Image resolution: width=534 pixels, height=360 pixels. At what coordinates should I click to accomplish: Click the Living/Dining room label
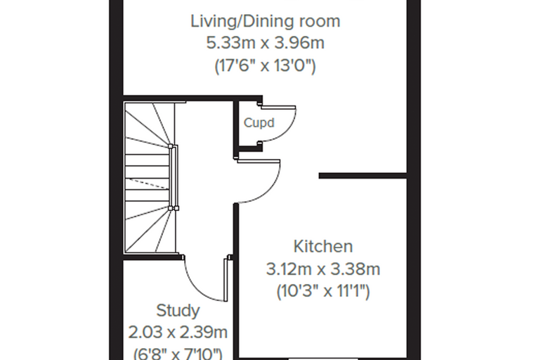coord(265,22)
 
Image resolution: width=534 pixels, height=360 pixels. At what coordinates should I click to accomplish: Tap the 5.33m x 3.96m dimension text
coord(265,44)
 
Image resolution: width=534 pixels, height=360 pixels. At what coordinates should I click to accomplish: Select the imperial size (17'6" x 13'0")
coord(265,65)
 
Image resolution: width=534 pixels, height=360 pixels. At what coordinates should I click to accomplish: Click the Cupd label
coord(259,123)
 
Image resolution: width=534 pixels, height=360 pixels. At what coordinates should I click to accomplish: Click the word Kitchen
coord(323,247)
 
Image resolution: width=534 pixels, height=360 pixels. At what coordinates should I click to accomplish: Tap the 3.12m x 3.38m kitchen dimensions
coord(323,269)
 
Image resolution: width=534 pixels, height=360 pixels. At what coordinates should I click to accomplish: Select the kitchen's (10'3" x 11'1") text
coord(323,292)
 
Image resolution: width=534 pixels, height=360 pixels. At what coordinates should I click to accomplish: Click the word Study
coord(178,311)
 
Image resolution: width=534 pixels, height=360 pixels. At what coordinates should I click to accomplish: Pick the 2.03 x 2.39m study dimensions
coord(178,333)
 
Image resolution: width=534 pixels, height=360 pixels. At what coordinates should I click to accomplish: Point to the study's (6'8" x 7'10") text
coord(178,353)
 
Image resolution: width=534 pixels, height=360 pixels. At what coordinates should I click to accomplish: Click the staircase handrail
coord(175,177)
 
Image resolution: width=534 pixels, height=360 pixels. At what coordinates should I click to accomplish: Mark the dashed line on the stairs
coord(147,183)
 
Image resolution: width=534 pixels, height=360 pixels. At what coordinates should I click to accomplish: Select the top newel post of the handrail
coord(170,146)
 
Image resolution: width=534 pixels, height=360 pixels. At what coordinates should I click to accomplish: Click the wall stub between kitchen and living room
coord(363,176)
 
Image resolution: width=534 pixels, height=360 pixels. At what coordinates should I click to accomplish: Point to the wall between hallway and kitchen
coord(235,281)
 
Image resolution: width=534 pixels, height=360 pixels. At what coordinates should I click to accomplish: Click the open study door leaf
coord(226,280)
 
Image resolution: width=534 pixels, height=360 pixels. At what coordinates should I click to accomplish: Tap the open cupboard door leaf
coord(278,108)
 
